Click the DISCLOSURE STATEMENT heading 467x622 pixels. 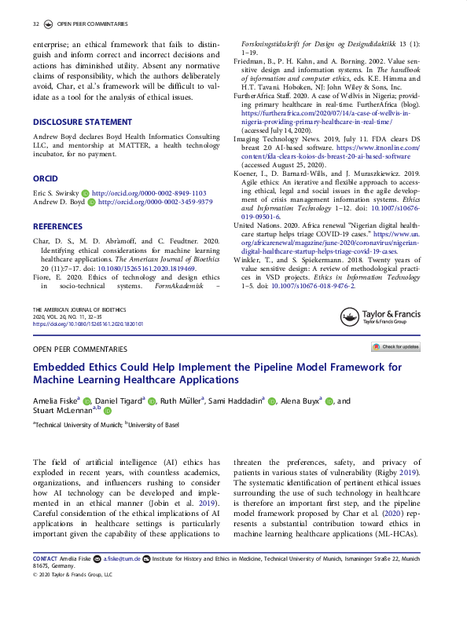[82, 122]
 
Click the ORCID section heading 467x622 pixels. [46, 179]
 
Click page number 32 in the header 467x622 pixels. [35, 25]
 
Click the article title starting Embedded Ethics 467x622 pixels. [216, 373]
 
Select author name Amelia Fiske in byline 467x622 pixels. [53, 401]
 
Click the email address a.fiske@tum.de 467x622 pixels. [123, 559]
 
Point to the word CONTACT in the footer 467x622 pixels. [46, 559]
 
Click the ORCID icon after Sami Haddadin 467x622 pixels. [272, 401]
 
